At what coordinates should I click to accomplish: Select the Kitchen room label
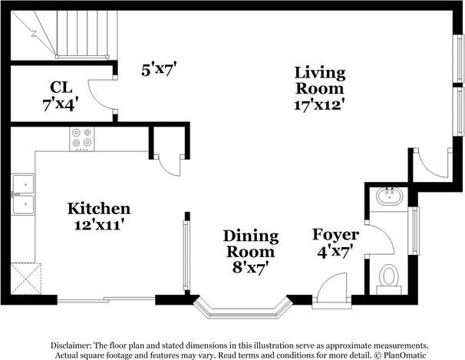pyautogui.click(x=99, y=209)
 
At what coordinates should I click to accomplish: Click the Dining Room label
pyautogui.click(x=249, y=243)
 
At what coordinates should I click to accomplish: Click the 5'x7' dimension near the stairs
pyautogui.click(x=160, y=69)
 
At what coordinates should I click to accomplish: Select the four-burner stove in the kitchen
pyautogui.click(x=81, y=138)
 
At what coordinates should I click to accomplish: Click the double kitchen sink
pyautogui.click(x=22, y=194)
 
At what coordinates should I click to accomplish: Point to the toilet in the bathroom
pyautogui.click(x=389, y=278)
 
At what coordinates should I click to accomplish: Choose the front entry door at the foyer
pyautogui.click(x=331, y=291)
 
